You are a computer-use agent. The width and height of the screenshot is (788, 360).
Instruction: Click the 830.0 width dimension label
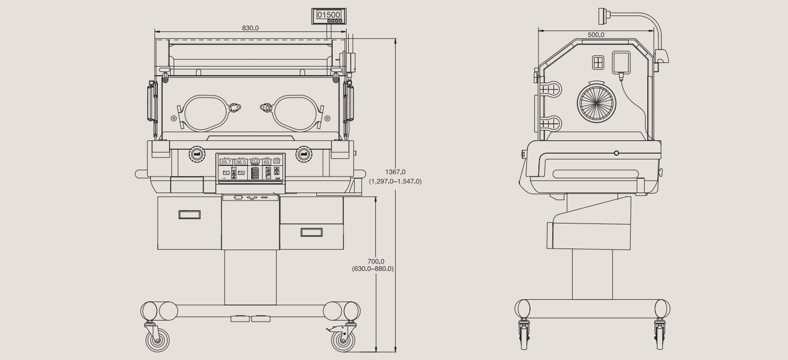250,28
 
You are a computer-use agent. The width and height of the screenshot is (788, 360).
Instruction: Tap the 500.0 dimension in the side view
596,35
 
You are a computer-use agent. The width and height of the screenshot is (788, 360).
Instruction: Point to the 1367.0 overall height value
395,172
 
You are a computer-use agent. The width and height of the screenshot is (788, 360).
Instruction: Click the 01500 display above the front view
328,15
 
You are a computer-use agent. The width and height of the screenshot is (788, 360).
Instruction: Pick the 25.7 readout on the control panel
226,162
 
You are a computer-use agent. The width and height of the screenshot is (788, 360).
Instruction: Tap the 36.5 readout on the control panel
241,162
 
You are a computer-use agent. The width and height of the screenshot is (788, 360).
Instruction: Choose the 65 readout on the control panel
267,162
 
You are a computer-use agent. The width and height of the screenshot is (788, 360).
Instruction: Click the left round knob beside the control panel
196,154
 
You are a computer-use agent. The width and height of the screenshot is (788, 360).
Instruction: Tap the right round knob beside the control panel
304,154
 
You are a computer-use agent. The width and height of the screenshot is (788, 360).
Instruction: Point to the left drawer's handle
189,214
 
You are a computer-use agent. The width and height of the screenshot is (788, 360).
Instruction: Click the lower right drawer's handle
311,232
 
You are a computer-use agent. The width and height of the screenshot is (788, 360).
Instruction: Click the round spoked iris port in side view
597,102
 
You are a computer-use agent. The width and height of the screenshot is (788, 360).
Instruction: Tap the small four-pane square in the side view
599,62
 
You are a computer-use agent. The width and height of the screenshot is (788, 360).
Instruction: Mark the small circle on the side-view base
617,153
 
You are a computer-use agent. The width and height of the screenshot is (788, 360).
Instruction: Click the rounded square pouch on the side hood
621,62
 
